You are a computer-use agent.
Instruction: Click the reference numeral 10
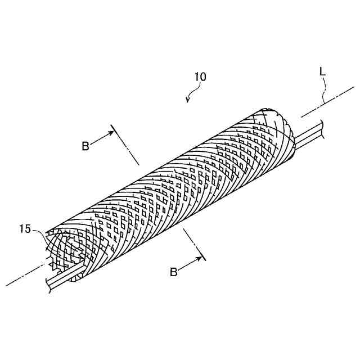(x=200, y=77)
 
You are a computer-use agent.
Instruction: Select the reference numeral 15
(x=25, y=228)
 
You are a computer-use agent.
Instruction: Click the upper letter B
(x=85, y=146)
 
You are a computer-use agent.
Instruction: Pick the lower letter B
(x=174, y=272)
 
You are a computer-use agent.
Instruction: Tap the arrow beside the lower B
(x=191, y=263)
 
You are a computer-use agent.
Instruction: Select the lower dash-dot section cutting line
(x=195, y=245)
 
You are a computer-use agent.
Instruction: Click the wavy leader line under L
(x=325, y=90)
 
